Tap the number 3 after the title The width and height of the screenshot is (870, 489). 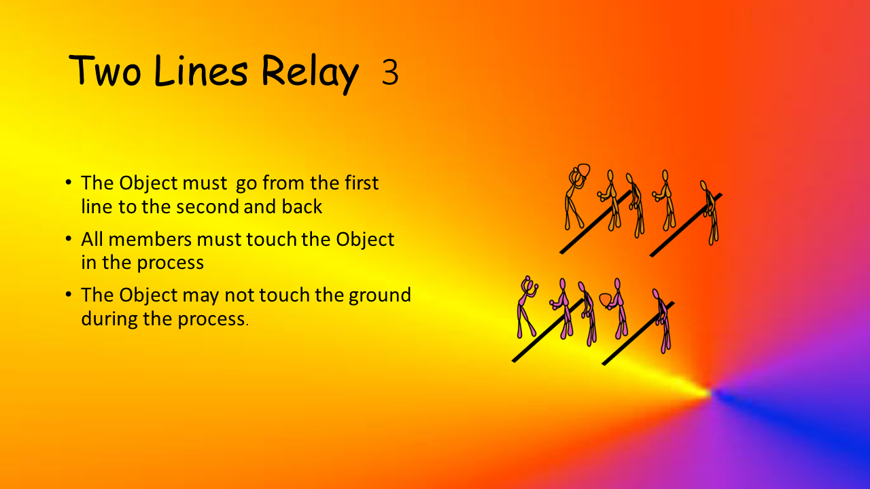click(390, 72)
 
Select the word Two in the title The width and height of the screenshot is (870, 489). click(105, 71)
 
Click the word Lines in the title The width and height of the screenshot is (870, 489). click(201, 71)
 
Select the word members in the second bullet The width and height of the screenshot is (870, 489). click(150, 239)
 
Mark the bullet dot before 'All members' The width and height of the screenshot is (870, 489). click(69, 238)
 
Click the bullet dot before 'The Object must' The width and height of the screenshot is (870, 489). click(69, 182)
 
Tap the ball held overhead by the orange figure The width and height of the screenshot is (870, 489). click(584, 170)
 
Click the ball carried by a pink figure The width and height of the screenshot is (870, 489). click(606, 300)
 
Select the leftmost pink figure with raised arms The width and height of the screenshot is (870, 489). click(527, 306)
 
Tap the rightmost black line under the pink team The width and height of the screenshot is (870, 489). click(638, 333)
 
